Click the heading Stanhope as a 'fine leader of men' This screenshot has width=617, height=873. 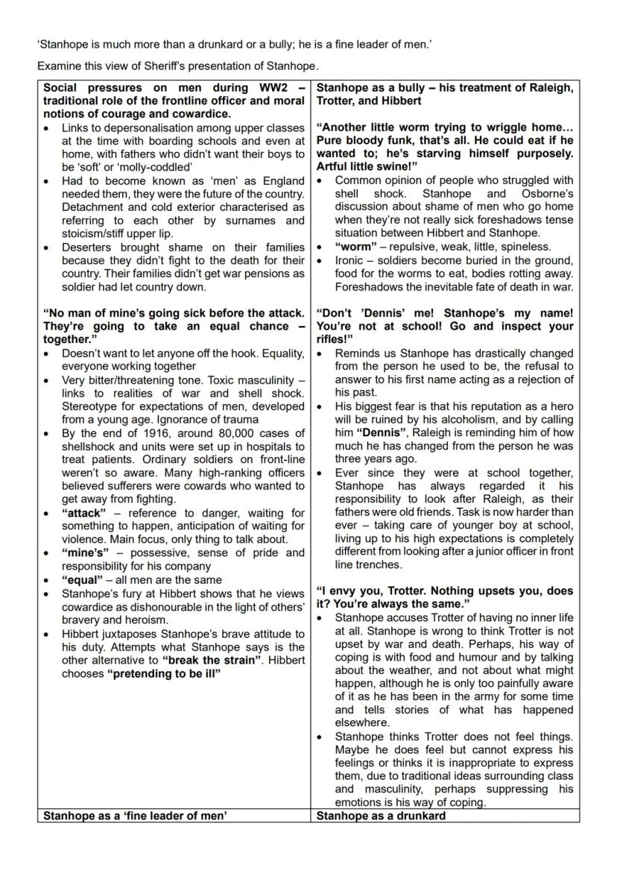coord(135,816)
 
